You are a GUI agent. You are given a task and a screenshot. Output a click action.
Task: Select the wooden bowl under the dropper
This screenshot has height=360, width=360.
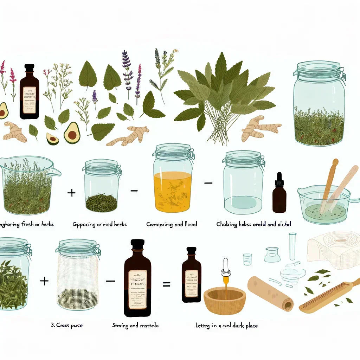tap(225, 301)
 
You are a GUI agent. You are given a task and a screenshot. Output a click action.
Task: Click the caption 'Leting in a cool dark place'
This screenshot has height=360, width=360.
tap(226, 326)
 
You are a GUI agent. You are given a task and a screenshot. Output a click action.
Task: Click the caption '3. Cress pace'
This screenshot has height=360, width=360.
tap(66, 326)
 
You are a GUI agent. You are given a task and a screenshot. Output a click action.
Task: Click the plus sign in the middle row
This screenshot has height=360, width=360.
tap(71, 193)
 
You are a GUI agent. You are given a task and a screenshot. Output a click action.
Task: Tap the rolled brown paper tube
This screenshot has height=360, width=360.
tap(270, 294)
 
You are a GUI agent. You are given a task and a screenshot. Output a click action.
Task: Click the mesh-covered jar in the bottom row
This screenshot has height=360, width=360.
tap(78, 278)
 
